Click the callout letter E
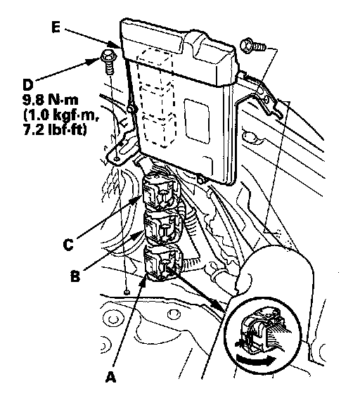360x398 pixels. click(x=56, y=27)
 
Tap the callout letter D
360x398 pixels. click(x=28, y=84)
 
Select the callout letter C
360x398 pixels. click(x=68, y=245)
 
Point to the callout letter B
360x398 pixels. click(x=75, y=276)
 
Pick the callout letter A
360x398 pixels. click(x=110, y=377)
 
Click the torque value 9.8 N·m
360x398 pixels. click(x=50, y=100)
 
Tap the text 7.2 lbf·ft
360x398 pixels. click(x=55, y=129)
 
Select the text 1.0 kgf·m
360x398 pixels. click(x=61, y=115)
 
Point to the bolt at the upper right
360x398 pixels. click(x=253, y=46)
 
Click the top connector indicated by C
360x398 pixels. click(x=160, y=193)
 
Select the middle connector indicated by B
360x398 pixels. click(x=162, y=228)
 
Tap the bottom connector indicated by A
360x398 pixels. click(x=163, y=263)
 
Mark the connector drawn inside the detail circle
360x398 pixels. click(x=264, y=330)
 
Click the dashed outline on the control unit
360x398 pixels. click(x=155, y=99)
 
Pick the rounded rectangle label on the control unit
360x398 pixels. click(x=197, y=121)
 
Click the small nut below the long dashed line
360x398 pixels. click(x=127, y=292)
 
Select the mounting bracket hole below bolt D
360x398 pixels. click(x=117, y=159)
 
